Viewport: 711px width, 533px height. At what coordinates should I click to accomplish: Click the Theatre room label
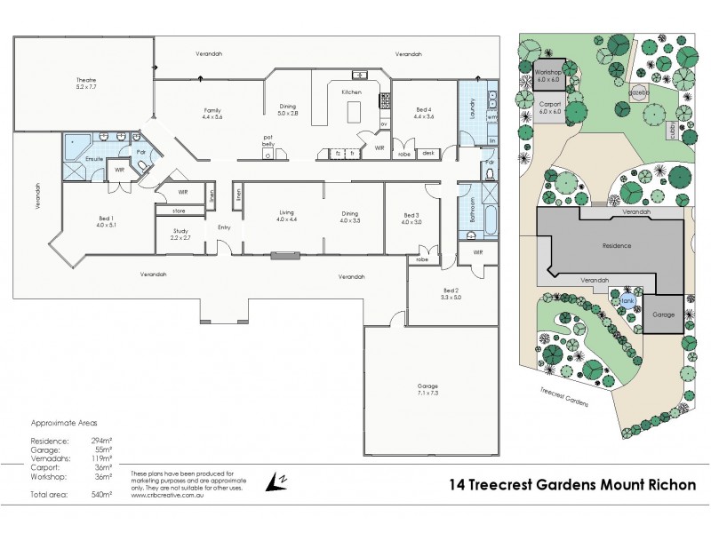tap(85, 85)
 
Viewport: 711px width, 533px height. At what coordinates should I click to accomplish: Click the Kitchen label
tap(351, 91)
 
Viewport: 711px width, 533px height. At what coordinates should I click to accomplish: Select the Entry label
tap(224, 227)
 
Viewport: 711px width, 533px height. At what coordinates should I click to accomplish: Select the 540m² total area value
tap(103, 493)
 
